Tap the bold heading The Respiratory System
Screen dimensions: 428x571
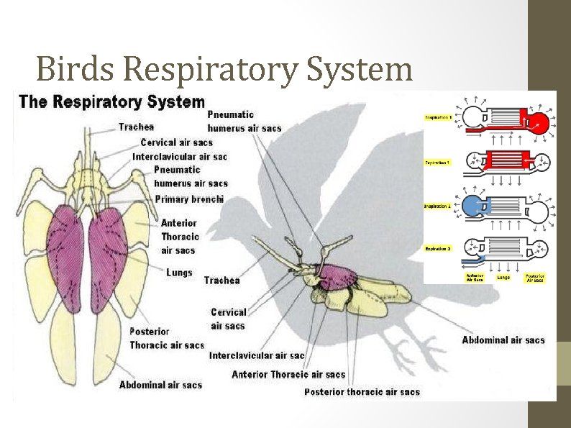click(111, 101)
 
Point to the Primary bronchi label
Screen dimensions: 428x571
click(189, 199)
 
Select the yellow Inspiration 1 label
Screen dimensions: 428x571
click(437, 117)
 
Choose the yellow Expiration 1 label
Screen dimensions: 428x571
click(437, 163)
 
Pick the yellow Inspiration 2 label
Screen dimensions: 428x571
click(437, 206)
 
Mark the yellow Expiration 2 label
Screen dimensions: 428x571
click(437, 248)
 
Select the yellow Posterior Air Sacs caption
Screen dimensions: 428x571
click(535, 278)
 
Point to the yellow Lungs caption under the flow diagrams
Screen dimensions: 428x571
click(504, 277)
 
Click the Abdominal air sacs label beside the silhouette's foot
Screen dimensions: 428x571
click(503, 340)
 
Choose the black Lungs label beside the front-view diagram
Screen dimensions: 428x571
click(179, 273)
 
